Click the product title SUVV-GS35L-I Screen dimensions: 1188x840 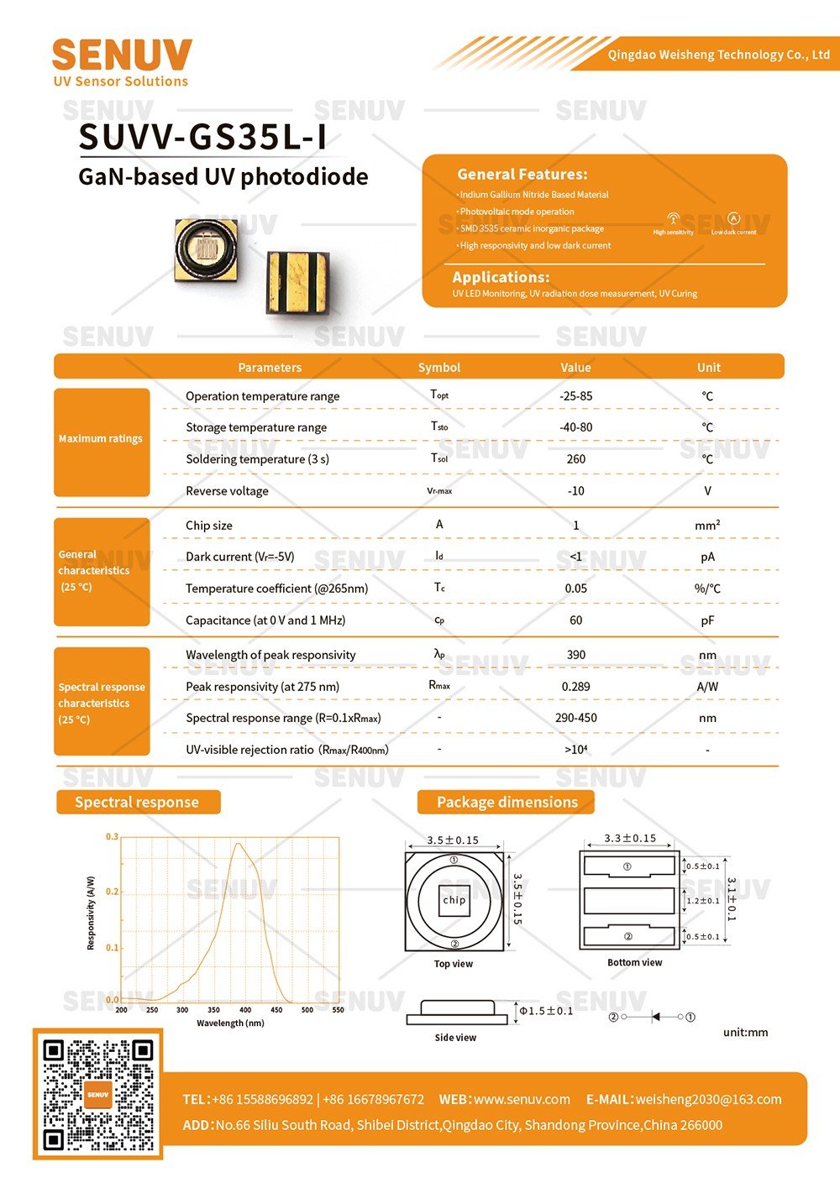[202, 138]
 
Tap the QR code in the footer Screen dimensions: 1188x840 [97, 1094]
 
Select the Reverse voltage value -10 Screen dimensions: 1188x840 [575, 491]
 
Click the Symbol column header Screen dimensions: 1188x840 [438, 367]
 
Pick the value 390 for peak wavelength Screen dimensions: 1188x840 [575, 655]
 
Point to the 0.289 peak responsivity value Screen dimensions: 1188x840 [575, 687]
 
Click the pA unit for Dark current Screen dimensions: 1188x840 [707, 557]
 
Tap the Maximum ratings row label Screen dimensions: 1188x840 [101, 438]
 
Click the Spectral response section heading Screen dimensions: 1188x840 [137, 802]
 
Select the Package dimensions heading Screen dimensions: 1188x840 [507, 802]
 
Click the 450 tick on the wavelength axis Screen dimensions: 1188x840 [276, 1010]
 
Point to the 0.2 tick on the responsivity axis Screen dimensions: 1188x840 [113, 892]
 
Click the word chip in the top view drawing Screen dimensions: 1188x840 [454, 900]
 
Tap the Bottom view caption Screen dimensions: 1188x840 [634, 963]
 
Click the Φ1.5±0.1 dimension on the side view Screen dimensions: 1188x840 [546, 1011]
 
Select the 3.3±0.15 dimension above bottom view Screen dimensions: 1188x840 [630, 838]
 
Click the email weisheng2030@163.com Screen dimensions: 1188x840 [708, 1099]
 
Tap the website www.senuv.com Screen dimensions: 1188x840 [522, 1099]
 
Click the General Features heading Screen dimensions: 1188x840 [522, 175]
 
